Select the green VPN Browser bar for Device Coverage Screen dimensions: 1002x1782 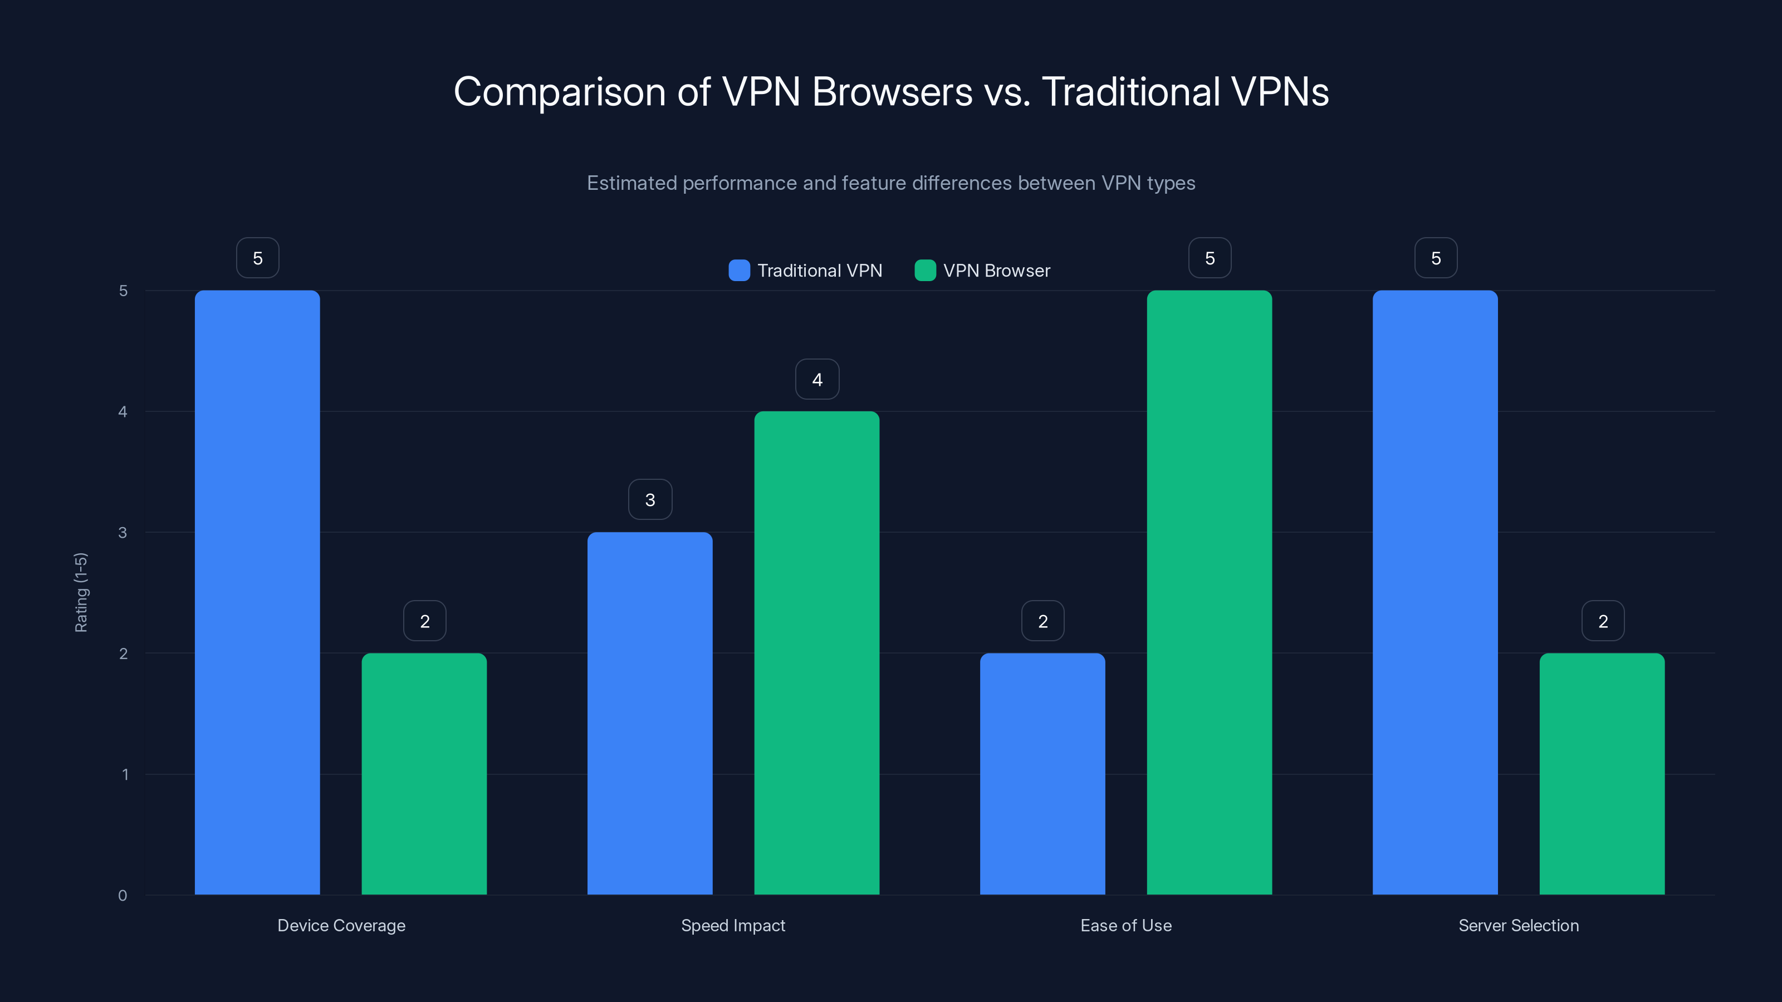424,773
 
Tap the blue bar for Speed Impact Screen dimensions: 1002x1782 649,713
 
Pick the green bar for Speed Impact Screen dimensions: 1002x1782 816,653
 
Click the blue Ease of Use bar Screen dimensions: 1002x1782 1042,773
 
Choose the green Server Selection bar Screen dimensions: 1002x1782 1602,773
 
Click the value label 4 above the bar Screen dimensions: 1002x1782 817,380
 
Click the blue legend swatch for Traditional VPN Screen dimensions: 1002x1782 739,271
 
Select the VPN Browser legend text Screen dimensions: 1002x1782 996,271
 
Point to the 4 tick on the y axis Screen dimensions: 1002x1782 123,412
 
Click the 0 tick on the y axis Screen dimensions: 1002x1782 123,896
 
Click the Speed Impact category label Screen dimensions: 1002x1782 733,925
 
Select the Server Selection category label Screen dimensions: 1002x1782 1519,925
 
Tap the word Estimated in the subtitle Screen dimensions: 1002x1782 631,183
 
